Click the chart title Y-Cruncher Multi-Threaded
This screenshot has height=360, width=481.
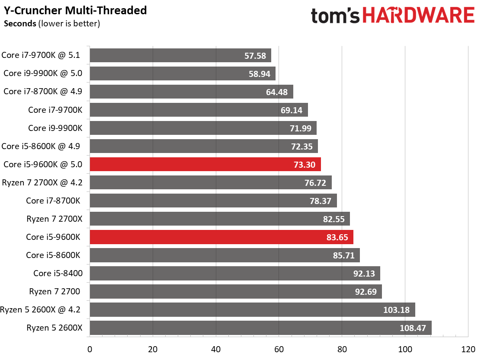(75, 10)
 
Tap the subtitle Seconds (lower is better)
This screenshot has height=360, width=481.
(52, 24)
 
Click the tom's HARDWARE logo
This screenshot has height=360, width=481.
(393, 16)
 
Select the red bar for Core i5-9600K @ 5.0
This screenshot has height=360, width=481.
(205, 165)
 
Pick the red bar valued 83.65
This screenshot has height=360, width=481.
(221, 237)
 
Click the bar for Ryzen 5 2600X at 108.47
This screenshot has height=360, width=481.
(261, 328)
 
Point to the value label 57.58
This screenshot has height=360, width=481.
(255, 56)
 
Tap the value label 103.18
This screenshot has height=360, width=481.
(396, 310)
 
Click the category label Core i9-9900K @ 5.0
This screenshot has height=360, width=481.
(43, 73)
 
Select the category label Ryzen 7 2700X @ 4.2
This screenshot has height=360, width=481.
(42, 183)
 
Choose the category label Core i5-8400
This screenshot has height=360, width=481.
(58, 273)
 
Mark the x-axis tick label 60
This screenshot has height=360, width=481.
(279, 349)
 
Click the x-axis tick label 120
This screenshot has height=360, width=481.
(468, 349)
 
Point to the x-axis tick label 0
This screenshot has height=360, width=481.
(90, 349)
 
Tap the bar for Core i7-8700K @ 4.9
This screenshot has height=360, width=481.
(192, 92)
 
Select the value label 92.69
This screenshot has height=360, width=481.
(366, 292)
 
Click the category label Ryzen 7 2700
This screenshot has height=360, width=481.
(55, 291)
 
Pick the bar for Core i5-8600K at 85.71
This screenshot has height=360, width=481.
(225, 255)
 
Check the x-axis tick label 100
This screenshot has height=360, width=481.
(405, 349)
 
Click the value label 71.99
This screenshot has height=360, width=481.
(301, 128)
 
